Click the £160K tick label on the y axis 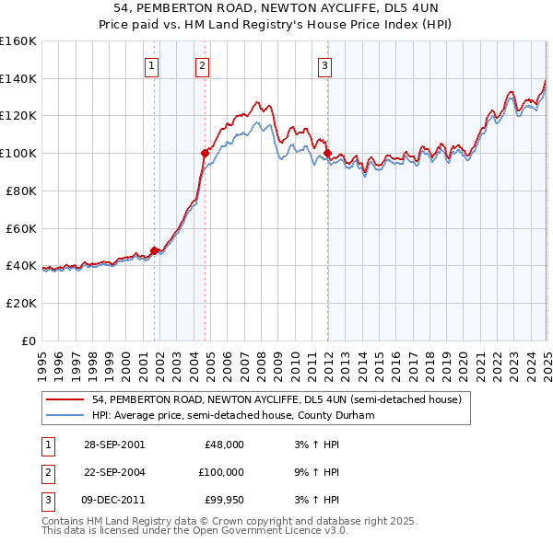18,41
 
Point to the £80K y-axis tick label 21,191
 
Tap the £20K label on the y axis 21,303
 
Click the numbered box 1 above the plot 150,65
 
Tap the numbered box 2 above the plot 201,65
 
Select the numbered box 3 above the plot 325,65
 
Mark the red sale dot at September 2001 155,250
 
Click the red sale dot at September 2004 205,153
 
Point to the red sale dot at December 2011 327,153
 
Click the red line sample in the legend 65,399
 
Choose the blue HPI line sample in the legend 65,415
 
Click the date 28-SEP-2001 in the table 113,445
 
